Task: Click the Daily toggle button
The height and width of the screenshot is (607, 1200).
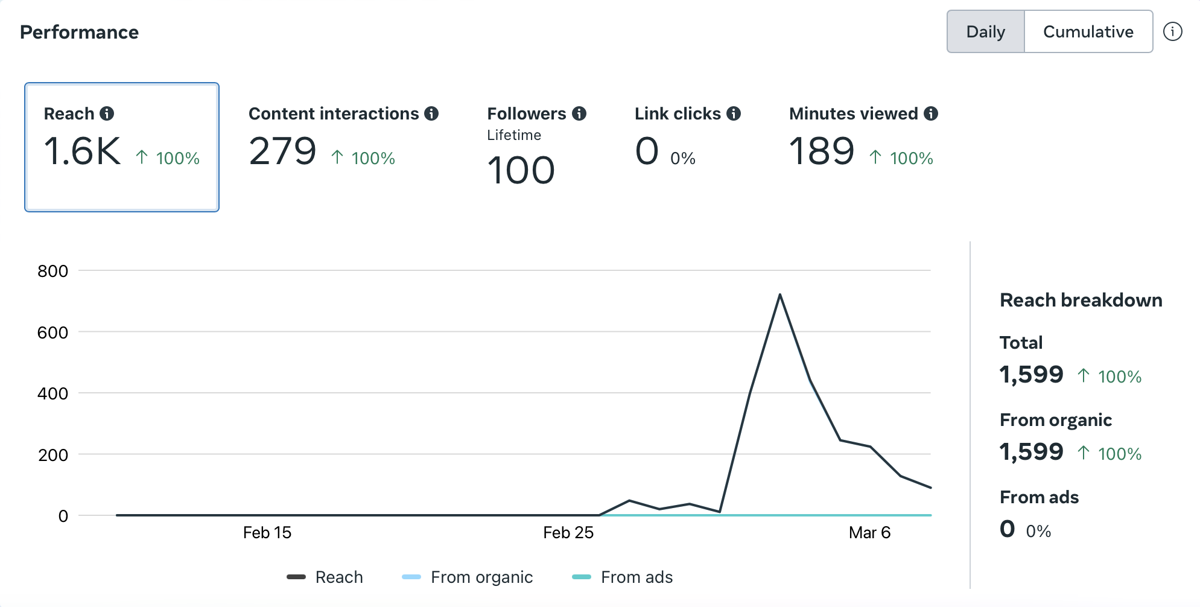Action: coord(985,31)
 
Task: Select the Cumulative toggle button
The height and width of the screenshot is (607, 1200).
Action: coord(1088,31)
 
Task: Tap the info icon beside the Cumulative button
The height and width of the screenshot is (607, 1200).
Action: coord(1172,31)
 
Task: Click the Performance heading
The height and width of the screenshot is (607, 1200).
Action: coord(79,32)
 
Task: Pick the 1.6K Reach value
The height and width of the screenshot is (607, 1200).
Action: coord(83,151)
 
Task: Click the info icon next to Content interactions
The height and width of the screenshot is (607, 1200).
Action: coord(431,113)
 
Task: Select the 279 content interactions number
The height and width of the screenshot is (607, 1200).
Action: coord(282,151)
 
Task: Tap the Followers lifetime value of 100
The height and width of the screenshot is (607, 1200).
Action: coord(521,171)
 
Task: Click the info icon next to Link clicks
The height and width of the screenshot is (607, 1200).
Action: coord(734,113)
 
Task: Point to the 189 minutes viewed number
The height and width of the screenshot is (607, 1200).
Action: coord(822,151)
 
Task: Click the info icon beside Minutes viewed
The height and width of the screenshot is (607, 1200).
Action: coord(931,113)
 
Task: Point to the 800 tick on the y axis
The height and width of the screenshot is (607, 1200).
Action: coord(52,271)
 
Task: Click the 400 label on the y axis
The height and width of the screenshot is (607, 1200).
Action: coord(52,393)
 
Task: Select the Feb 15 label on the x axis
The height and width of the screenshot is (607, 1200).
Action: coord(267,533)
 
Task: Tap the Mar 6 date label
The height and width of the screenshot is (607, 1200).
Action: coord(869,533)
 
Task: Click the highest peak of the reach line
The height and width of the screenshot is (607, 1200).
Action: coord(780,295)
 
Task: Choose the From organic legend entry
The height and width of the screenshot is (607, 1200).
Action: coord(468,577)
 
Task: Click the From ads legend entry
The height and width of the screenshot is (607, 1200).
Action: coord(623,577)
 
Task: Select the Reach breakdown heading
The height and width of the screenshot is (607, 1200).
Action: coord(1081,300)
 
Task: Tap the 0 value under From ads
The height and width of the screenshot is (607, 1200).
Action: coord(1007,529)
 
